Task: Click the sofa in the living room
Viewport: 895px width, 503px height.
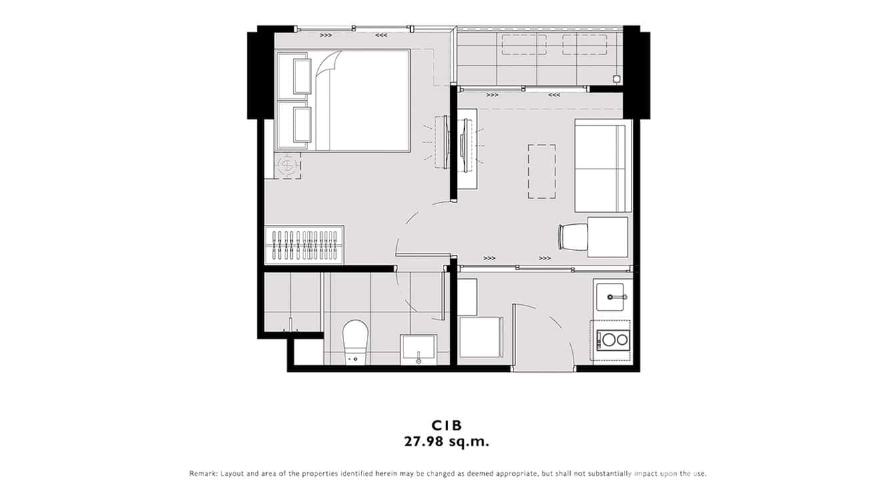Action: [602, 165]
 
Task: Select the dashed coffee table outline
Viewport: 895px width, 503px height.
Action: [542, 171]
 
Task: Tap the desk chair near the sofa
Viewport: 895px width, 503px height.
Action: [572, 237]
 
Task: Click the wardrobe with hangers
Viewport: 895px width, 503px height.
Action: [305, 245]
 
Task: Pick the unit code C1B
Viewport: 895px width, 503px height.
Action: [447, 425]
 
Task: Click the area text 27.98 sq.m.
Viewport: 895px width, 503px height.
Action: [447, 441]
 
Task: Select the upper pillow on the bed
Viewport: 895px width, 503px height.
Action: [301, 75]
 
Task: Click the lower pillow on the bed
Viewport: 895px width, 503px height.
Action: [301, 125]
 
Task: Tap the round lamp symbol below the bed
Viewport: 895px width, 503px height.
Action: [287, 165]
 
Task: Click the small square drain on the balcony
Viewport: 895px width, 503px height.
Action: [616, 79]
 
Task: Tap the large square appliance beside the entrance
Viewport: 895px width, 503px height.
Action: [480, 338]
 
